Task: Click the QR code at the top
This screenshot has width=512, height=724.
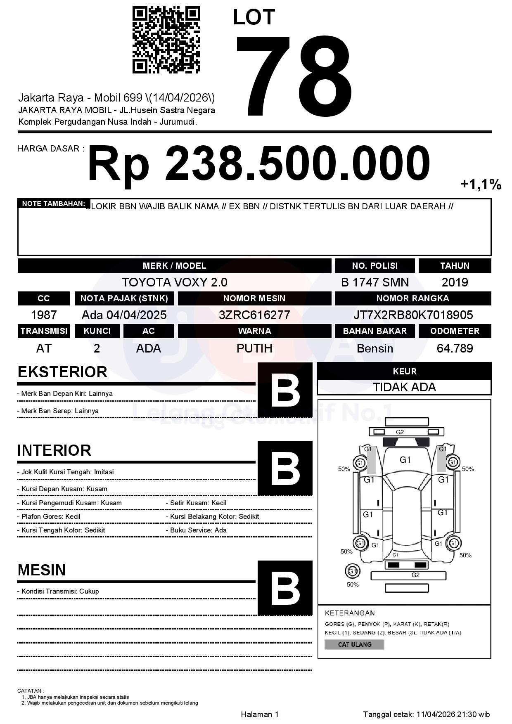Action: tap(166, 40)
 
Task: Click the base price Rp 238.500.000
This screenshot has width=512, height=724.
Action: tap(259, 163)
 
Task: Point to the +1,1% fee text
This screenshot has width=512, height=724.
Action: tap(481, 185)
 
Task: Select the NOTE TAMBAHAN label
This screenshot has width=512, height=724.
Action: tap(54, 203)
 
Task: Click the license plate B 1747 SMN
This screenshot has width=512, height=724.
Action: tap(375, 282)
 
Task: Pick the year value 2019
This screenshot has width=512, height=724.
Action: tap(455, 282)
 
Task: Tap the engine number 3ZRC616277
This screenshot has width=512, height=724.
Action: tap(254, 315)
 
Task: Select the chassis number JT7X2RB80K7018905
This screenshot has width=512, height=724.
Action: tap(413, 315)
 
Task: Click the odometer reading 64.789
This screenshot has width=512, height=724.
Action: tap(455, 348)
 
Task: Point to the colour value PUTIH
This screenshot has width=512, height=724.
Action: tap(254, 348)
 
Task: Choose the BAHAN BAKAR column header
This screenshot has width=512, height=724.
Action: tap(375, 331)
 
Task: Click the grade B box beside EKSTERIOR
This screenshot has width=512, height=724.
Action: tap(285, 390)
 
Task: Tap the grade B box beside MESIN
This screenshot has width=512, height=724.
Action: tap(285, 587)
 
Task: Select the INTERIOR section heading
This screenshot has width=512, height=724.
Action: tap(54, 450)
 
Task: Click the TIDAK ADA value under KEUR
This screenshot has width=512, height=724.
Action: tap(404, 387)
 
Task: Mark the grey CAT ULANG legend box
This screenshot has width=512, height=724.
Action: tap(354, 644)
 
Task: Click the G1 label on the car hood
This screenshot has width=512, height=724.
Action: tap(405, 460)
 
